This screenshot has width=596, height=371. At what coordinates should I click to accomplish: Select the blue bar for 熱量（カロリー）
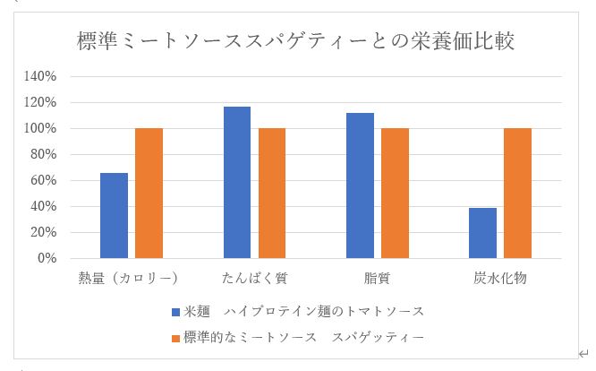114,215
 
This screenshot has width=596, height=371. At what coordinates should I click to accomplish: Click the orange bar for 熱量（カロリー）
149,193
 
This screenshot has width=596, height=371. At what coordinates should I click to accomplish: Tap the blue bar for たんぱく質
236,182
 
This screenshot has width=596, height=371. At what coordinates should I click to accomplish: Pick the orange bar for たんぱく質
271,193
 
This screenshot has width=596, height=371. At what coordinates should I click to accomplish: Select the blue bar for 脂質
360,185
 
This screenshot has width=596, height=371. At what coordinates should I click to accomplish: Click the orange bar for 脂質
395,193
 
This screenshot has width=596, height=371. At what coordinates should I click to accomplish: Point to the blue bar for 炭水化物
482,233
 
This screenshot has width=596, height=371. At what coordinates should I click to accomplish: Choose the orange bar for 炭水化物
517,193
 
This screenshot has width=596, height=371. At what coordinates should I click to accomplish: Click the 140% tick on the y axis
42,77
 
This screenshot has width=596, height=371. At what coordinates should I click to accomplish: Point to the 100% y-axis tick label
42,129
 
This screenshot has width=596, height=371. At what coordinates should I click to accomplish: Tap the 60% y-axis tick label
45,181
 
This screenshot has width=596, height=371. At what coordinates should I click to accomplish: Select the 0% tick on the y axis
48,258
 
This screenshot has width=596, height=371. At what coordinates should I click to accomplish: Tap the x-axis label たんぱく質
254,279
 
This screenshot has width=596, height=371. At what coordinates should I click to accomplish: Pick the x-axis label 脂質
377,279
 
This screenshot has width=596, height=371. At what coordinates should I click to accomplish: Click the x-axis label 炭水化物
499,279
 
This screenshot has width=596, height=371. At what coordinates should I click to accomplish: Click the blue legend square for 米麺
175,312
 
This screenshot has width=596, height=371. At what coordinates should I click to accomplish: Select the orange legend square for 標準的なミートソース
175,338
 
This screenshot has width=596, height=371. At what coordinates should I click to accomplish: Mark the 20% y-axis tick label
45,232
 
